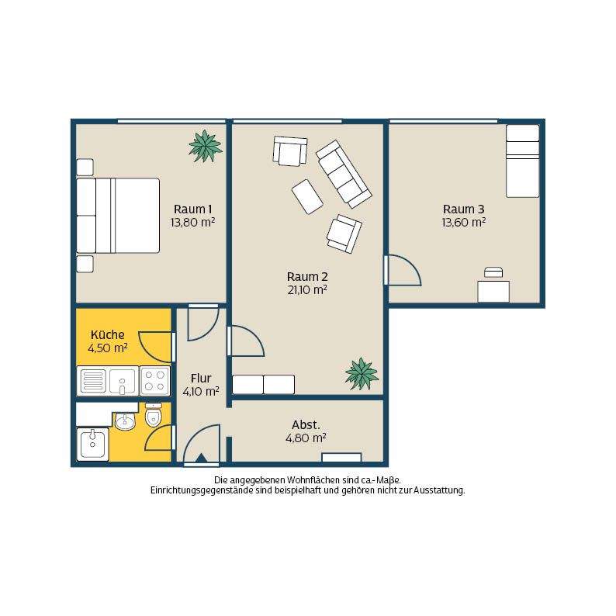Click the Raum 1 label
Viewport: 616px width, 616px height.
pos(192,209)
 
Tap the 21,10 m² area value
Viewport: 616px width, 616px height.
pos(307,290)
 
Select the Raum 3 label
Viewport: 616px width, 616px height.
pos(464,209)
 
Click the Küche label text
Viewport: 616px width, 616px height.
pos(108,334)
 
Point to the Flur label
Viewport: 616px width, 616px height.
pos(201,379)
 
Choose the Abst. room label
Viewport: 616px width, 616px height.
pos(306,424)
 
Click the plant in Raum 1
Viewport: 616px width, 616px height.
pos(205,146)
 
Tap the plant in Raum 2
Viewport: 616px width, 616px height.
pos(362,374)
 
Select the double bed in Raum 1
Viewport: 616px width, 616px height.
pos(118,216)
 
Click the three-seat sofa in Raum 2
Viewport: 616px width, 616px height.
pos(344,174)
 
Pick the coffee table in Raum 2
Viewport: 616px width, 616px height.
pos(307,197)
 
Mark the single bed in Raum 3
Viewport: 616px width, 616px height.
pos(522,161)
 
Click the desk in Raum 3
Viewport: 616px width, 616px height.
pos(493,292)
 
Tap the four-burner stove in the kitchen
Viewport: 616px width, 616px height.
pos(155,381)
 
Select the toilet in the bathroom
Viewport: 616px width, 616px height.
pos(153,415)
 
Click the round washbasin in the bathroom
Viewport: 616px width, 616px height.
pos(125,422)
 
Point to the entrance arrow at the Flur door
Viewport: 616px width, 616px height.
pos(201,459)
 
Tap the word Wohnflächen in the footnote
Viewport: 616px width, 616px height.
pos(313,480)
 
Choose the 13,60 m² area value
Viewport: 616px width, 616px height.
pos(464,223)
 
